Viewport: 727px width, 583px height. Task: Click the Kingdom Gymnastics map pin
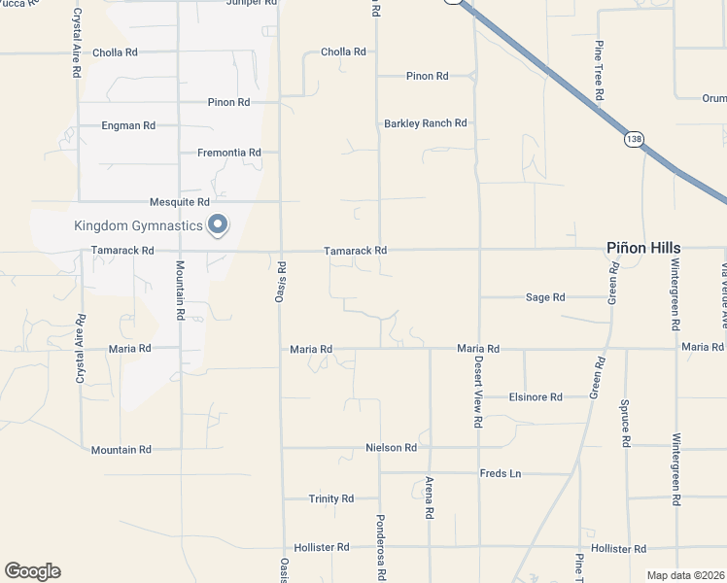click(219, 225)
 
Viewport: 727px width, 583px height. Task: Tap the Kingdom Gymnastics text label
click(139, 226)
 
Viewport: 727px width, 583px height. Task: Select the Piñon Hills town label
click(643, 248)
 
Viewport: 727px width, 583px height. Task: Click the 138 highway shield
click(633, 140)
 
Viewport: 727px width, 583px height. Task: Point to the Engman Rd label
click(129, 125)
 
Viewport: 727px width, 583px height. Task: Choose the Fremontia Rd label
click(229, 153)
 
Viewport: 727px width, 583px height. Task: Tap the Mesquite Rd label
click(180, 202)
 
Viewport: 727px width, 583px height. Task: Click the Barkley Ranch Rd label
click(426, 123)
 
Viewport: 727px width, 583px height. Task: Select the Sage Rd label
click(545, 297)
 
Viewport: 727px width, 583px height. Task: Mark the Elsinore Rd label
click(536, 397)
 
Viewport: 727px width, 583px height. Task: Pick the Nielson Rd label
click(391, 448)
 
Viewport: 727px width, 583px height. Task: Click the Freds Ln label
click(501, 474)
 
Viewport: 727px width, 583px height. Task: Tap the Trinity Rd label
click(331, 498)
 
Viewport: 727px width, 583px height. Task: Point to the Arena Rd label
click(429, 497)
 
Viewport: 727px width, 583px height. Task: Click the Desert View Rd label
click(477, 391)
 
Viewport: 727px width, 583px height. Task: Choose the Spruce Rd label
click(625, 427)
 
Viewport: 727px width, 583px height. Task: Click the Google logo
click(32, 571)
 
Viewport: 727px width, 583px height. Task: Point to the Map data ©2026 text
click(685, 575)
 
